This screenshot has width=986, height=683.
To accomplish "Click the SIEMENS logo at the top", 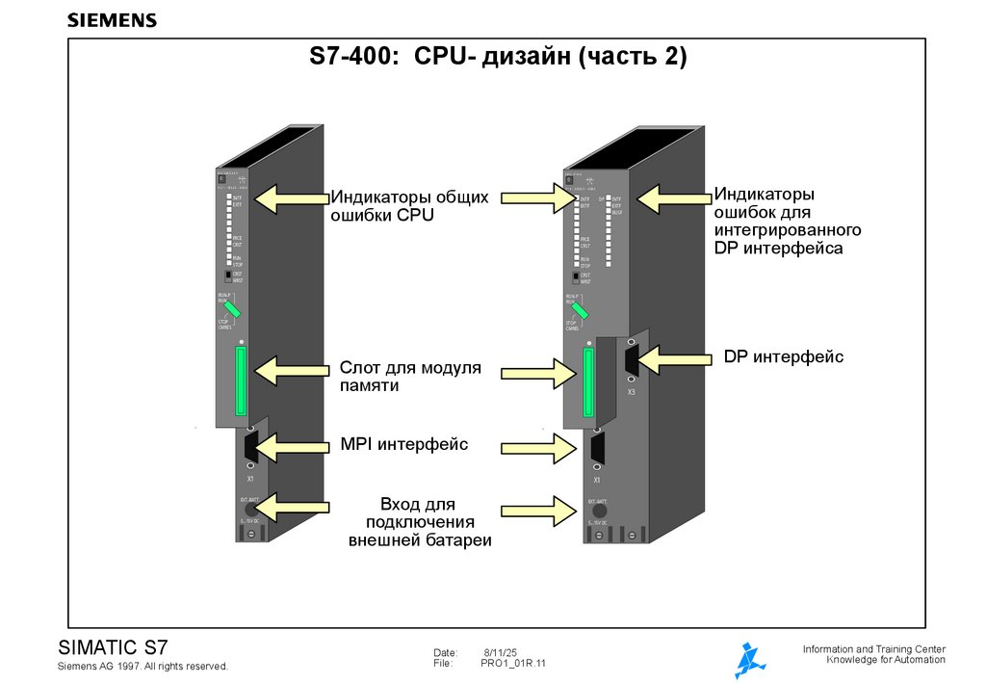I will pos(112,20).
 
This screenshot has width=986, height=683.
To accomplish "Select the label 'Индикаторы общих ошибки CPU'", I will pos(410,206).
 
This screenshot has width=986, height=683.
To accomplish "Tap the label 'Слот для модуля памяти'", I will pos(409,377).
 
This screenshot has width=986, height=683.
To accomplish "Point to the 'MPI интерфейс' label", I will pos(404,444).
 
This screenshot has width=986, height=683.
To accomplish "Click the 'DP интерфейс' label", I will pos(783,357).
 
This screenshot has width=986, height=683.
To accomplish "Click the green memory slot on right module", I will pos(586,382).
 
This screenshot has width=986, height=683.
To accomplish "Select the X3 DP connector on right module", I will pos(631,360).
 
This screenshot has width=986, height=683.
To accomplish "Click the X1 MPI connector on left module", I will pos(250,449).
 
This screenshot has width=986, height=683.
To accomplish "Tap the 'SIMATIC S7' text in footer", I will pos(114,646).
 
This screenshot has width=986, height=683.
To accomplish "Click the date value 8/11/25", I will pos(500,652).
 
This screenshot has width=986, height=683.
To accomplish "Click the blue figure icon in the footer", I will pos(749,660).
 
